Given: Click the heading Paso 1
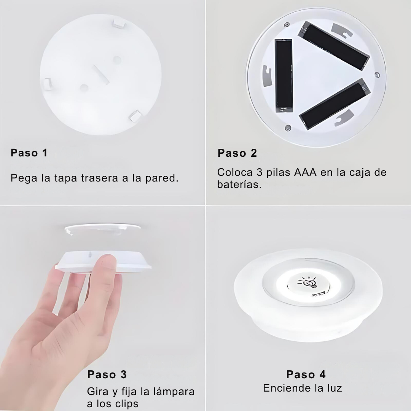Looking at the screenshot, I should (29, 153).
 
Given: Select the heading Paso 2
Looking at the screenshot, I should (237, 153).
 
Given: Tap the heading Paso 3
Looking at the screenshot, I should (107, 374).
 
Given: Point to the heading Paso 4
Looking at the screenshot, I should (306, 374).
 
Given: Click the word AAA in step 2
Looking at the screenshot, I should (305, 172).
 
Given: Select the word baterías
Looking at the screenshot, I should (239, 185).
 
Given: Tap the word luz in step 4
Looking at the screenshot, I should (334, 388).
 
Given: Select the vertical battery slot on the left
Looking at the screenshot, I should (284, 76).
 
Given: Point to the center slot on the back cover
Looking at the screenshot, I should (101, 75).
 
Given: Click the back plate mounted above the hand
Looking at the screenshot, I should (102, 229).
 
